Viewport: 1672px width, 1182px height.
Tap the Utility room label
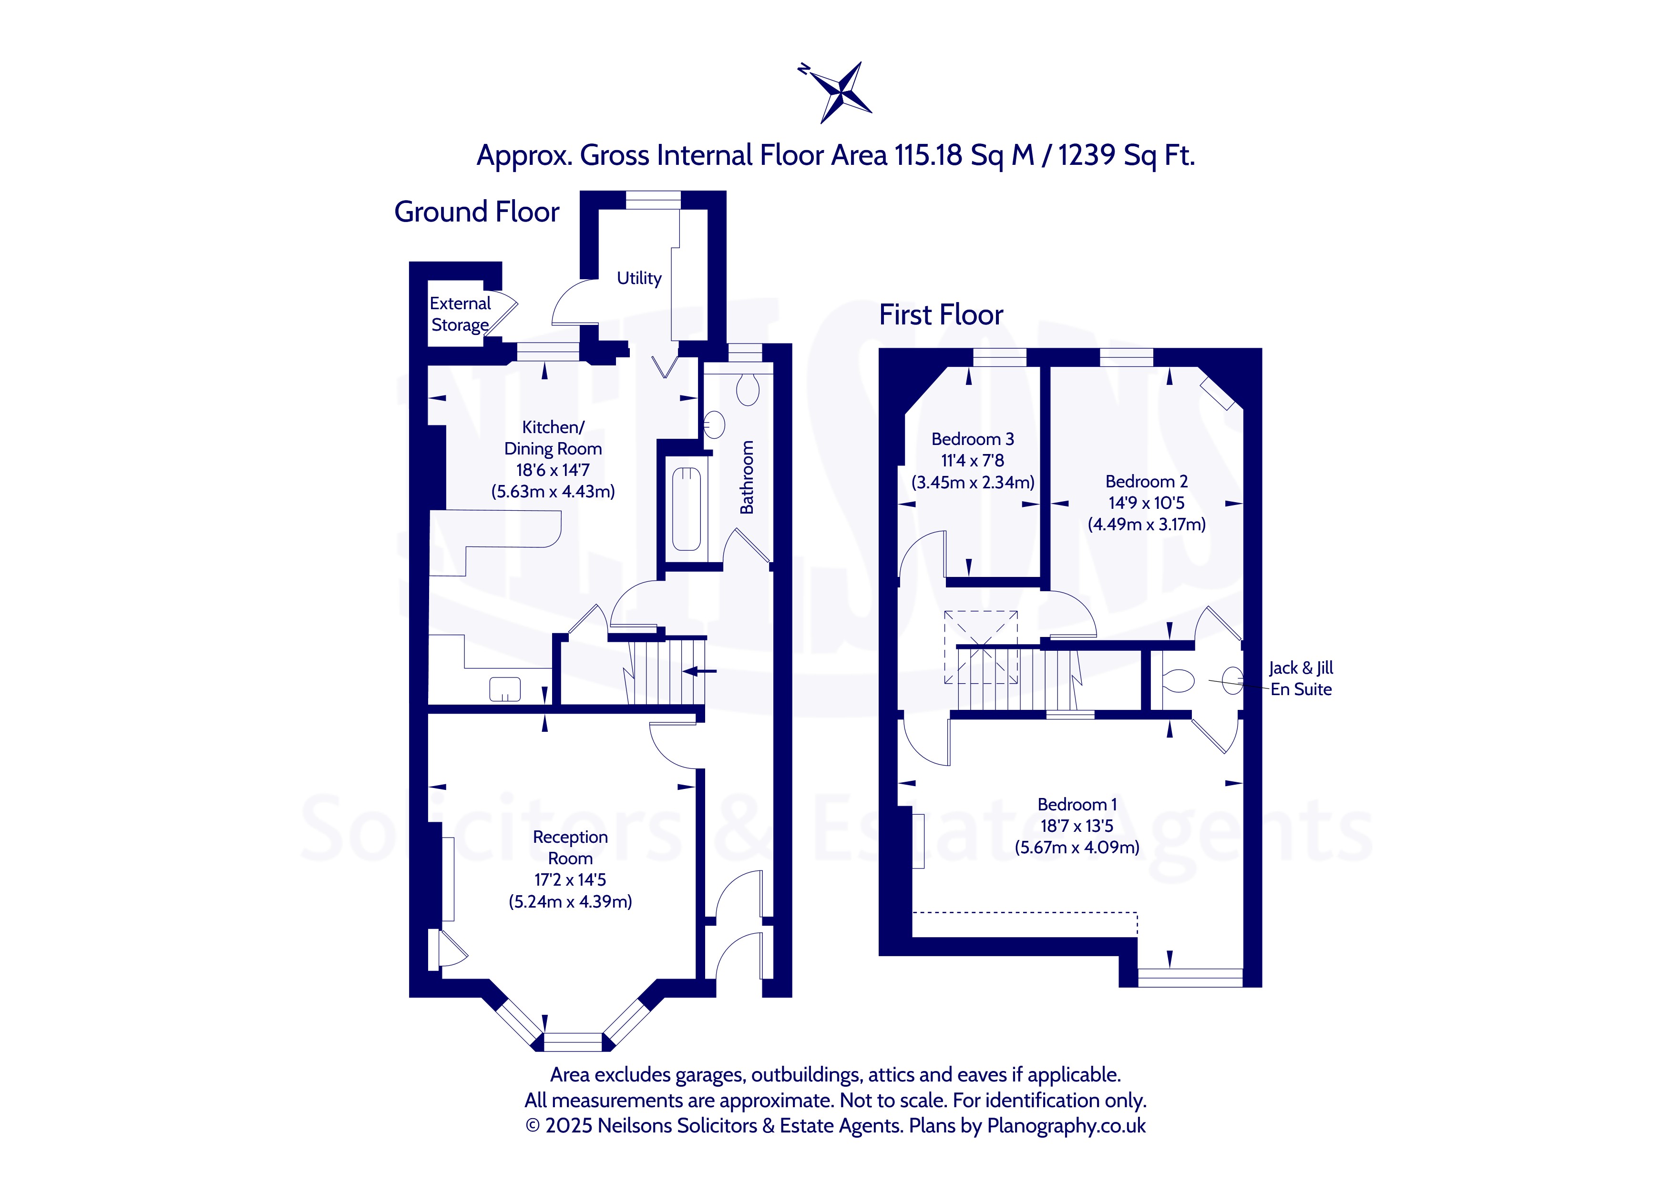639,278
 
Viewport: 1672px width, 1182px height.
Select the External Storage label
460,313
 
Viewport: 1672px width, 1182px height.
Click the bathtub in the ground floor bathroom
686,509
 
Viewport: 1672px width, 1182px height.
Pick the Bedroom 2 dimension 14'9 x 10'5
1146,503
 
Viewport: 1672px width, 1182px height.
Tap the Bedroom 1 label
1077,804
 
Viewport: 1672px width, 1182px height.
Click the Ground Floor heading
476,212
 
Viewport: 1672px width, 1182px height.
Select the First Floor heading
941,314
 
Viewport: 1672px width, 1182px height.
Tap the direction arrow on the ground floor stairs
700,671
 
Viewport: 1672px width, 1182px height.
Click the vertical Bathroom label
747,477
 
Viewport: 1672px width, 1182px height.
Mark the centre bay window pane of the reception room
573,1041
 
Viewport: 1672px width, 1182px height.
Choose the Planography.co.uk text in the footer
1066,1126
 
